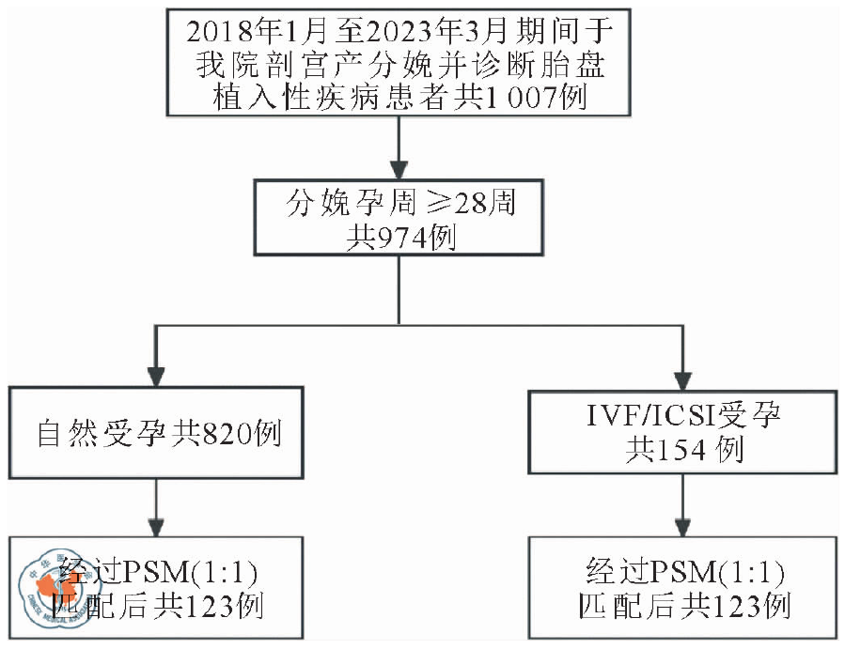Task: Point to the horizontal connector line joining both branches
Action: [419, 326]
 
